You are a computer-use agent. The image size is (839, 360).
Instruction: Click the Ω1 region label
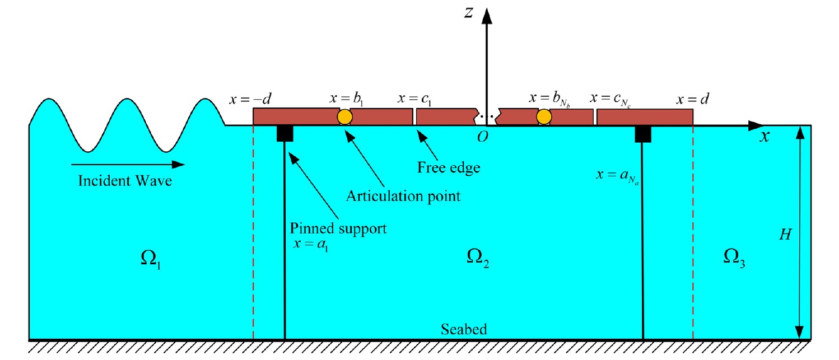pyautogui.click(x=151, y=259)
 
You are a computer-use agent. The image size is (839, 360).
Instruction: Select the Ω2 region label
pyautogui.click(x=478, y=258)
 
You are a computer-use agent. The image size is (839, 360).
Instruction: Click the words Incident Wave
pyautogui.click(x=125, y=181)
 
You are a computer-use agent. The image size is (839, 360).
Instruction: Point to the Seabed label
pyautogui.click(x=464, y=329)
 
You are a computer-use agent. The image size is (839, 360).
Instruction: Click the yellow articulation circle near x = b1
pyautogui.click(x=344, y=117)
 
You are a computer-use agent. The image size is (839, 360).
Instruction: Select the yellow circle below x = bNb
pyautogui.click(x=543, y=117)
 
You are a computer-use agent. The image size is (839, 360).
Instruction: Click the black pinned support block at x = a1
pyautogui.click(x=285, y=134)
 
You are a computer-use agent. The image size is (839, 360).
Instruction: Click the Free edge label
pyautogui.click(x=449, y=167)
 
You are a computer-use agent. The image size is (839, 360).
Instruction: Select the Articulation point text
pyautogui.click(x=403, y=196)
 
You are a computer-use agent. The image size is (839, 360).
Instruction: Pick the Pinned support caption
pyautogui.click(x=338, y=228)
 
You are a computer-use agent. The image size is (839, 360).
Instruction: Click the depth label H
pyautogui.click(x=785, y=235)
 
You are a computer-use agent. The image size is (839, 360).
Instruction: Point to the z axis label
pyautogui.click(x=469, y=13)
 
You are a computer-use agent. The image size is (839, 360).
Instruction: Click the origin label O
pyautogui.click(x=483, y=137)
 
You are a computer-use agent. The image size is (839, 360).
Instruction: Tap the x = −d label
pyautogui.click(x=250, y=99)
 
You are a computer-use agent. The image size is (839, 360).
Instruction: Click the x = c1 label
pyautogui.click(x=414, y=99)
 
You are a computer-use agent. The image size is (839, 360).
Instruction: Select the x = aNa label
pyautogui.click(x=617, y=176)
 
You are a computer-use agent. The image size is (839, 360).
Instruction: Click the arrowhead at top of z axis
pyautogui.click(x=487, y=16)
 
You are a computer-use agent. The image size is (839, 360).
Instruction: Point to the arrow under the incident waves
pyautogui.click(x=128, y=165)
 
